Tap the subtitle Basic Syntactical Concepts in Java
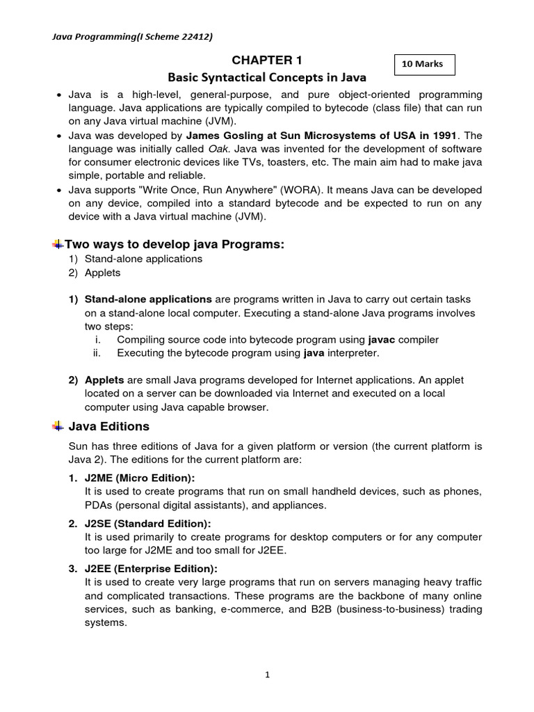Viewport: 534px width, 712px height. tap(267, 77)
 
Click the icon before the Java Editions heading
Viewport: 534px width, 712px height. tap(57, 426)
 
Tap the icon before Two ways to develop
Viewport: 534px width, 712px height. tap(57, 243)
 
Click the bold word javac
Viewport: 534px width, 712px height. tap(381, 339)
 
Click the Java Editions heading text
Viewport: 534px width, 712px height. tap(108, 426)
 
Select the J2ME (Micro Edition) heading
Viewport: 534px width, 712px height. tap(140, 478)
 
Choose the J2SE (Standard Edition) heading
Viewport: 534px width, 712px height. tap(147, 523)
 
